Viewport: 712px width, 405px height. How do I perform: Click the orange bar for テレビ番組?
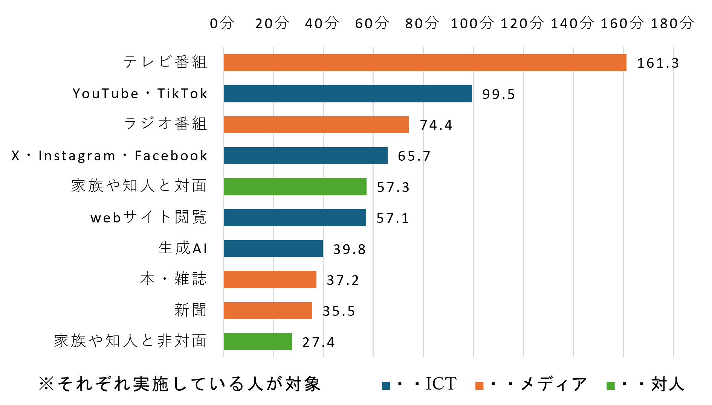pyautogui.click(x=425, y=63)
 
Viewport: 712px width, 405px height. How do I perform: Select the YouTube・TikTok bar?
pyautogui.click(x=348, y=94)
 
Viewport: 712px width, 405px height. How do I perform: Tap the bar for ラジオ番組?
pyautogui.click(x=316, y=125)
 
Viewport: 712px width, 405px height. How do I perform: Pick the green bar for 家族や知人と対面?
pyautogui.click(x=295, y=187)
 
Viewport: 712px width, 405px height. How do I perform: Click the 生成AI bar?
pyautogui.click(x=273, y=249)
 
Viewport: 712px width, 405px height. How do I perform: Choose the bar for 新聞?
pyautogui.click(x=268, y=311)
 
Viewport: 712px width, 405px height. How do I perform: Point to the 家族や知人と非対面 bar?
pyautogui.click(x=258, y=342)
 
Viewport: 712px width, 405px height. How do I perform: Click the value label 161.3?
pyautogui.click(x=658, y=63)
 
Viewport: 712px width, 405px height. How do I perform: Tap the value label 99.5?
pyautogui.click(x=498, y=94)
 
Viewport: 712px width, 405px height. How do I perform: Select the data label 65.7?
pyautogui.click(x=414, y=156)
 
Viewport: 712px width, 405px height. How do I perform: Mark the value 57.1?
pyautogui.click(x=393, y=218)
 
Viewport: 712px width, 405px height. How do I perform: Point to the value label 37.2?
pyautogui.click(x=343, y=280)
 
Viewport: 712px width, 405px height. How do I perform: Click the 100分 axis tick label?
pyautogui.click(x=472, y=23)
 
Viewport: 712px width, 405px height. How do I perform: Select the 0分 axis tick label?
pyautogui.click(x=222, y=23)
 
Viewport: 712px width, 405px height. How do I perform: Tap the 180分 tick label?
pyautogui.click(x=672, y=23)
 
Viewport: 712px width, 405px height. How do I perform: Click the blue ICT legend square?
pyautogui.click(x=386, y=386)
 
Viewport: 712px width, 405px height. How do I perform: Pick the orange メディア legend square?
pyautogui.click(x=479, y=386)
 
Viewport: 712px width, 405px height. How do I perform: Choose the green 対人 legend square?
pyautogui.click(x=611, y=386)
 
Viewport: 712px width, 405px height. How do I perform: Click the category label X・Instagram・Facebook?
pyautogui.click(x=109, y=156)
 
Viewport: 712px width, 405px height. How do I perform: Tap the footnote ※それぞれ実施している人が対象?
pyautogui.click(x=180, y=384)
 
